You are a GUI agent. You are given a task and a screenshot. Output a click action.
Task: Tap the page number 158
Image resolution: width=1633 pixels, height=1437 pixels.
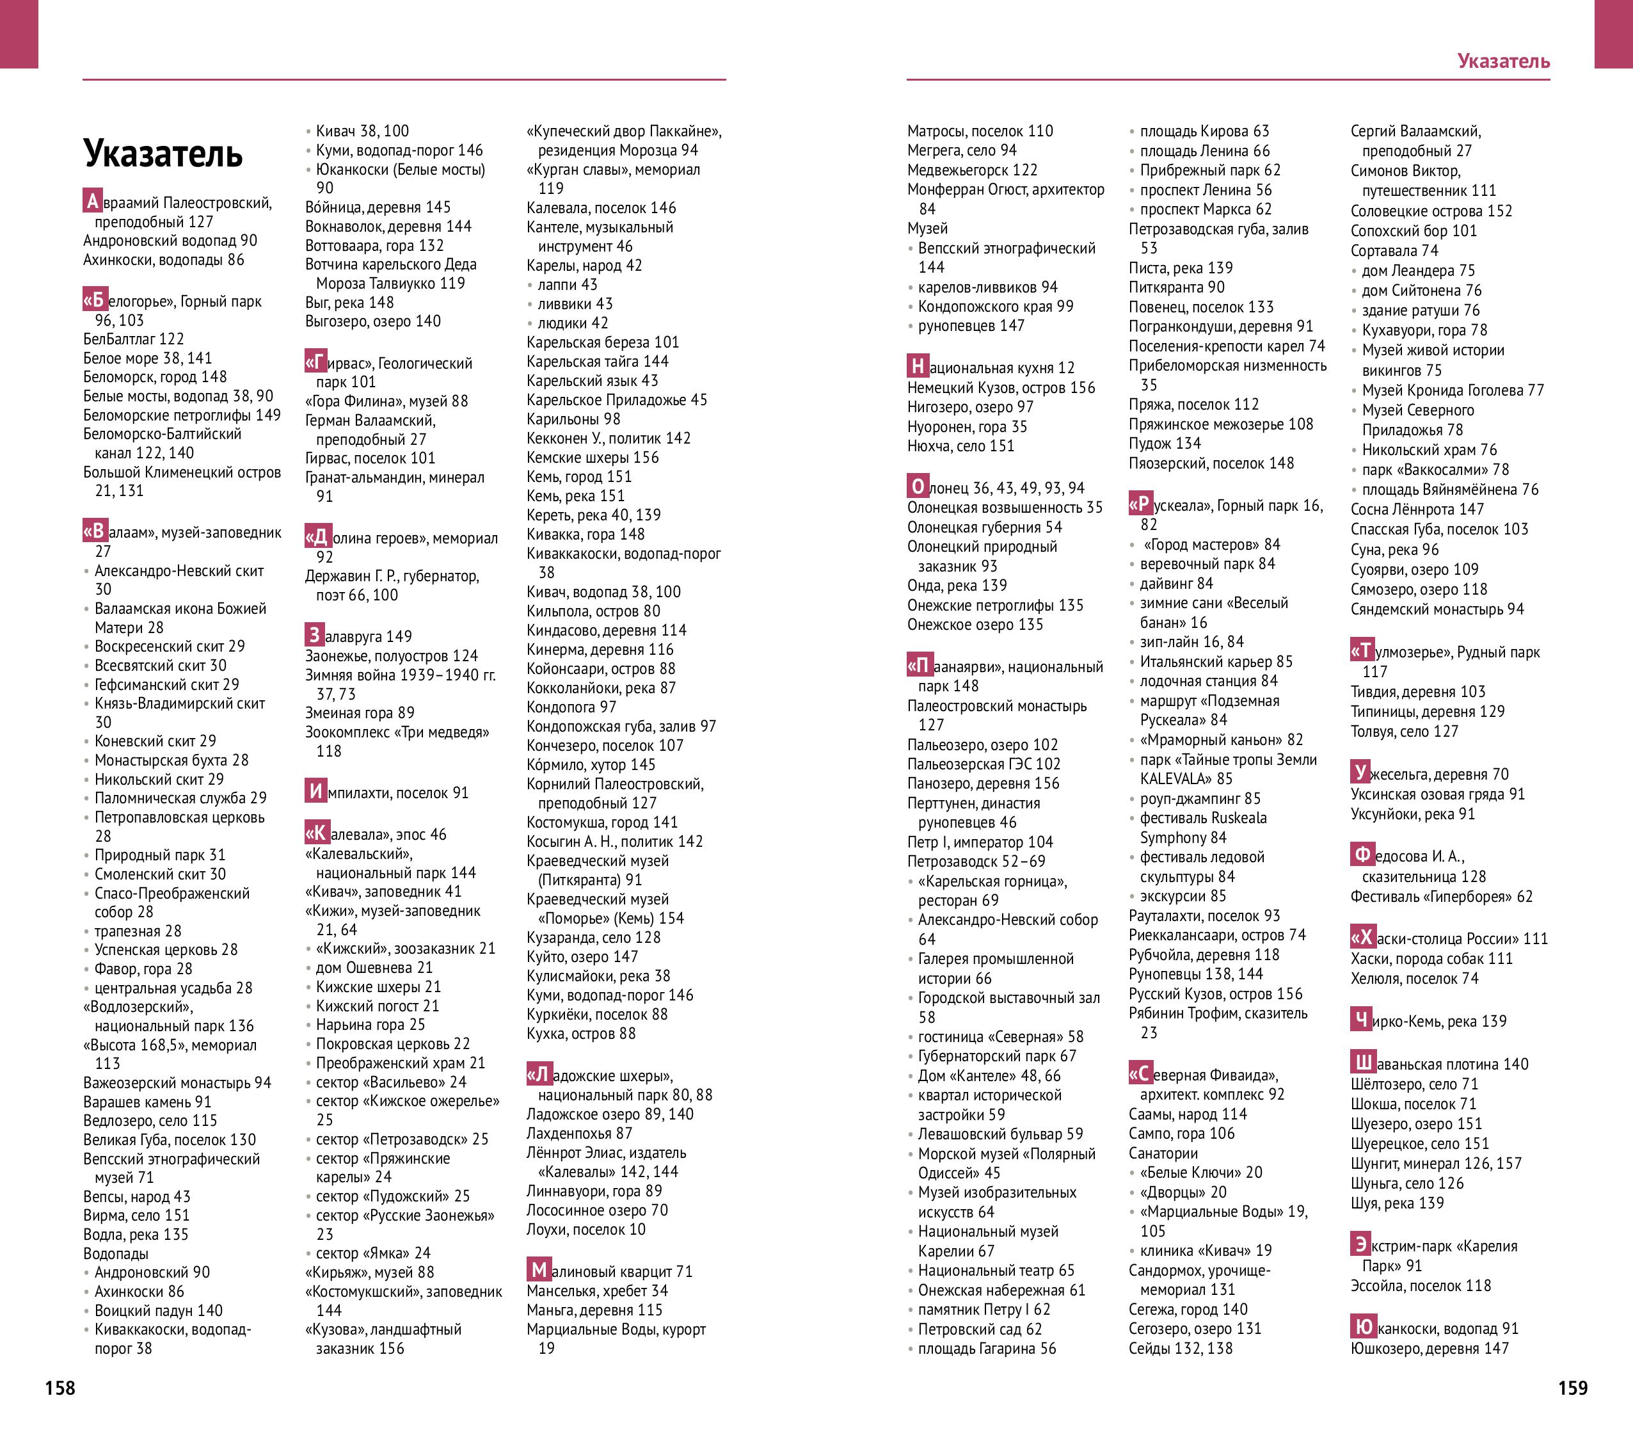pos(60,1388)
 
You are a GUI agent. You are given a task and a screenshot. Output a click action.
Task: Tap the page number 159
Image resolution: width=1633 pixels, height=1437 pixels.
pos(1572,1388)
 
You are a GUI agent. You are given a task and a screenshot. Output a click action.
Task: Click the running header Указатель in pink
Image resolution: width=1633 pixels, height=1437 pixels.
pos(1504,61)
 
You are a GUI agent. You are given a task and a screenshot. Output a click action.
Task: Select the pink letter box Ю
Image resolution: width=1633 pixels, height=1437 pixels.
pos(1363,1327)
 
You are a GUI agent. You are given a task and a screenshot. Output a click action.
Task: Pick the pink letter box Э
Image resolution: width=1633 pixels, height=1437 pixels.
pos(1360,1244)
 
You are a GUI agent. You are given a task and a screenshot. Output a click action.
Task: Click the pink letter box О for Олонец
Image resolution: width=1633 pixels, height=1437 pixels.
pos(917,486)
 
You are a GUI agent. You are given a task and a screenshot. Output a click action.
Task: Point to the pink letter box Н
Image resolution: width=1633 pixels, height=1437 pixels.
pos(917,366)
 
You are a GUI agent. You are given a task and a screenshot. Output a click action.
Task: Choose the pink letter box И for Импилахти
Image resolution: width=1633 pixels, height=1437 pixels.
pos(315,791)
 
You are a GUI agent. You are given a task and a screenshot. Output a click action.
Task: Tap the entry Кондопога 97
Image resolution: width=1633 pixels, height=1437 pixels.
pos(571,707)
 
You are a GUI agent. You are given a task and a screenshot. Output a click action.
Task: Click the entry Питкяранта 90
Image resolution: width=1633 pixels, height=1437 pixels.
pos(1176,287)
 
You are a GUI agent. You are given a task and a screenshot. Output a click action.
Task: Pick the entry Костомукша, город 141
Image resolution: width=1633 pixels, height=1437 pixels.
pos(601,823)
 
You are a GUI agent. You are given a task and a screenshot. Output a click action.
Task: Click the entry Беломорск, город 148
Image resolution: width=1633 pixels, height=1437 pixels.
pos(155,376)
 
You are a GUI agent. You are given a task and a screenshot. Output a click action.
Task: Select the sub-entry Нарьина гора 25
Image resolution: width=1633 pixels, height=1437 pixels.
pos(370,1025)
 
